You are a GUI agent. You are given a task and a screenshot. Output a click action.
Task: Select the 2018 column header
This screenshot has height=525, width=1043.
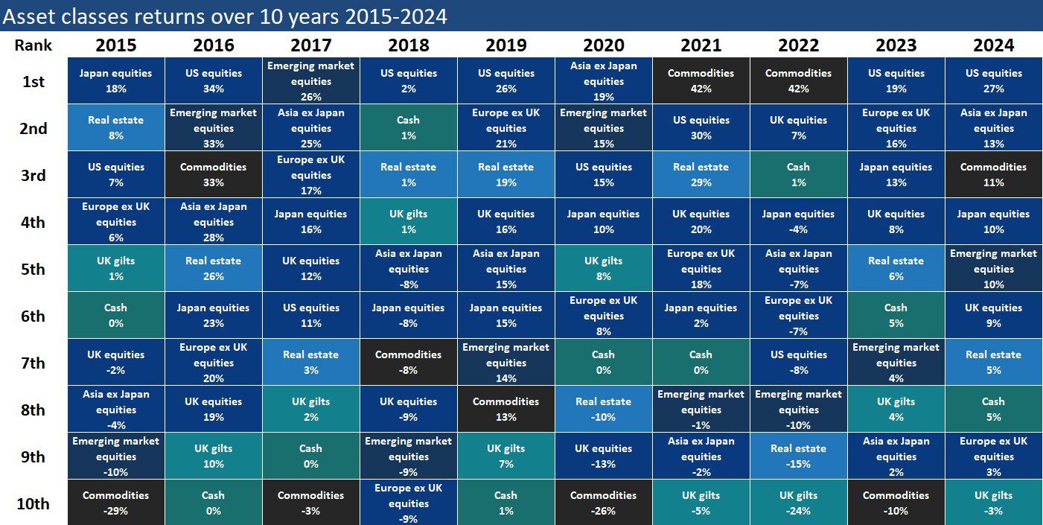(x=408, y=45)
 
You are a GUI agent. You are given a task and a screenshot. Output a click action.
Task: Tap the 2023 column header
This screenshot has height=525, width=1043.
(x=896, y=45)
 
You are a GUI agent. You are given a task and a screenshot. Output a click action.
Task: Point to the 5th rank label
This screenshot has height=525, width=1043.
(x=33, y=269)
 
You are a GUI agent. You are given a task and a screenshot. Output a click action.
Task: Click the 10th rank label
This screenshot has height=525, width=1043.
(x=33, y=503)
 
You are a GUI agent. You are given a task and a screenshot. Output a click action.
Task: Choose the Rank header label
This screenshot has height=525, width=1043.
(x=33, y=45)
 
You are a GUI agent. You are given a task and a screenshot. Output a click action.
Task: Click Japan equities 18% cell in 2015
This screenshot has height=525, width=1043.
(x=115, y=81)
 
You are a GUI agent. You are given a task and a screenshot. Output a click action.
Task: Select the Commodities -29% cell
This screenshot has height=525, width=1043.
(x=115, y=503)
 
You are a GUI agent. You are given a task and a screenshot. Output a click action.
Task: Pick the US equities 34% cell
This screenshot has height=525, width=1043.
(x=213, y=81)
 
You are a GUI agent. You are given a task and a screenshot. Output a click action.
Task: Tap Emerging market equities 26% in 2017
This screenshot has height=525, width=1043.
(x=310, y=81)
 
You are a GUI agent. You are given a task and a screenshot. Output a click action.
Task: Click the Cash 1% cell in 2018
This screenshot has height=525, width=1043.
(x=408, y=128)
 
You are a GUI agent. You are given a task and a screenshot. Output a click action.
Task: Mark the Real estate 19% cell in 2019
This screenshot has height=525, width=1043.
(x=505, y=175)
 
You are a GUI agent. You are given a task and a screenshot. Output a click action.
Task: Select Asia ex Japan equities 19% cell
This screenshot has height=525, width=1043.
(x=603, y=81)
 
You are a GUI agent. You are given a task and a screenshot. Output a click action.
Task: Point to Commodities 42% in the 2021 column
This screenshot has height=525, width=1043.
(x=701, y=81)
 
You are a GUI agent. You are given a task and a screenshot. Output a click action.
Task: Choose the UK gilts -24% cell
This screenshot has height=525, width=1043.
(x=798, y=503)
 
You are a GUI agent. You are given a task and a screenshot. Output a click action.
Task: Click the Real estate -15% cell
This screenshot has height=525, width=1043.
(x=798, y=456)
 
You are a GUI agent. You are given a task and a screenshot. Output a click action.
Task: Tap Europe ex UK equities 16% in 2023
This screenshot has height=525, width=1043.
(x=896, y=128)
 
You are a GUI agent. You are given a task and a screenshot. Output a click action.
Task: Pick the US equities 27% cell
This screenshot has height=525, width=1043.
(x=993, y=81)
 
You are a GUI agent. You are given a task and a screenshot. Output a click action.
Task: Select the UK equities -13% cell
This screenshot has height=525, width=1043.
(x=603, y=456)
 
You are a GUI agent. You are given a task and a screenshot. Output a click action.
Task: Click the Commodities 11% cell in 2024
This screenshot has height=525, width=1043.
(x=993, y=175)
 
